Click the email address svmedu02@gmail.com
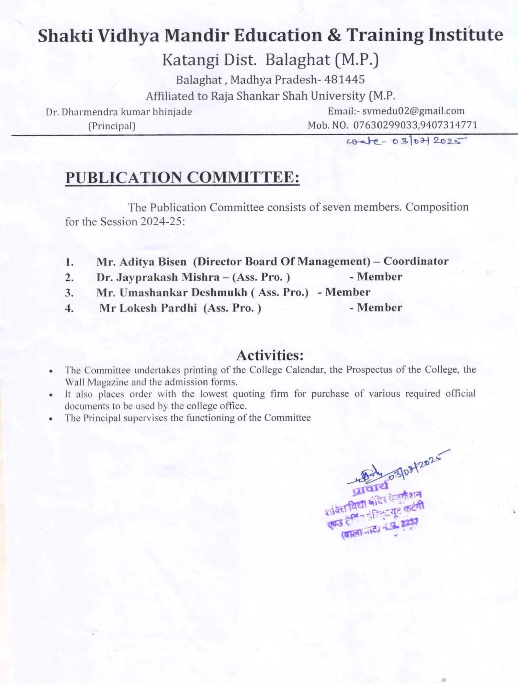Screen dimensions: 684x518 tap(413, 111)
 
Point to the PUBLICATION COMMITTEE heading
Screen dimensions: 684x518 tap(182, 177)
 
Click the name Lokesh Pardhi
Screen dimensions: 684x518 tap(158, 308)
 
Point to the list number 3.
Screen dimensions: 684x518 tap(69, 293)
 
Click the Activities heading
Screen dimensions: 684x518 tap(270, 355)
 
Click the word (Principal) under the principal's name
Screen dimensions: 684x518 tap(112, 126)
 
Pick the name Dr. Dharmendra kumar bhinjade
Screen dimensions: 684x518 tap(119, 112)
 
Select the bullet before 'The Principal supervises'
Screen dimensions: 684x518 tap(51, 419)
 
